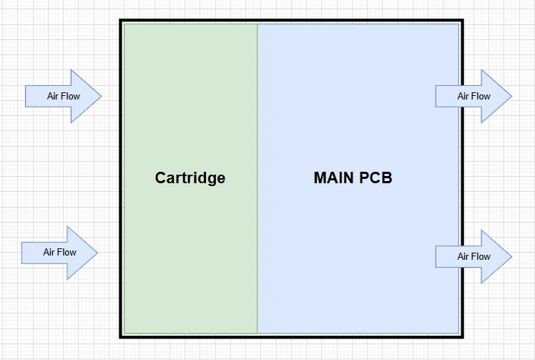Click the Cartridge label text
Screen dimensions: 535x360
[190, 178]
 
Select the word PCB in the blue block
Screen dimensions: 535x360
[376, 177]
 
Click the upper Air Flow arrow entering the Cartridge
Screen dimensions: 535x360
[64, 97]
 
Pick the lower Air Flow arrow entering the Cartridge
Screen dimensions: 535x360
[59, 253]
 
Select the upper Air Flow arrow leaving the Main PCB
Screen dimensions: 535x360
[473, 97]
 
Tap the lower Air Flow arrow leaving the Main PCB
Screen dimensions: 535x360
[473, 256]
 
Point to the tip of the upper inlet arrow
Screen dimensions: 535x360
[102, 97]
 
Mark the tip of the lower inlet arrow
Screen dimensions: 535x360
[97, 253]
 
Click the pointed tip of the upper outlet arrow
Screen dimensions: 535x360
[512, 97]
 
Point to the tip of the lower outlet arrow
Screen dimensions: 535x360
[512, 256]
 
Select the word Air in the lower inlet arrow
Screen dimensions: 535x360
[48, 253]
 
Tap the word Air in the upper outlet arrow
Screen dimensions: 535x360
[462, 97]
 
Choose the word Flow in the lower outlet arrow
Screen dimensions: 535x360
[481, 256]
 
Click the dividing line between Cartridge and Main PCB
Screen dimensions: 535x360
[257, 179]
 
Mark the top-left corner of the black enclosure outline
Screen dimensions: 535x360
[120, 21]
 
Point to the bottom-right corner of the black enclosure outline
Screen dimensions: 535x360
[462, 337]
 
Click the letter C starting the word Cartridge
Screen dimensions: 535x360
[160, 178]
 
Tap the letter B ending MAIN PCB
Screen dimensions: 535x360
[387, 177]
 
